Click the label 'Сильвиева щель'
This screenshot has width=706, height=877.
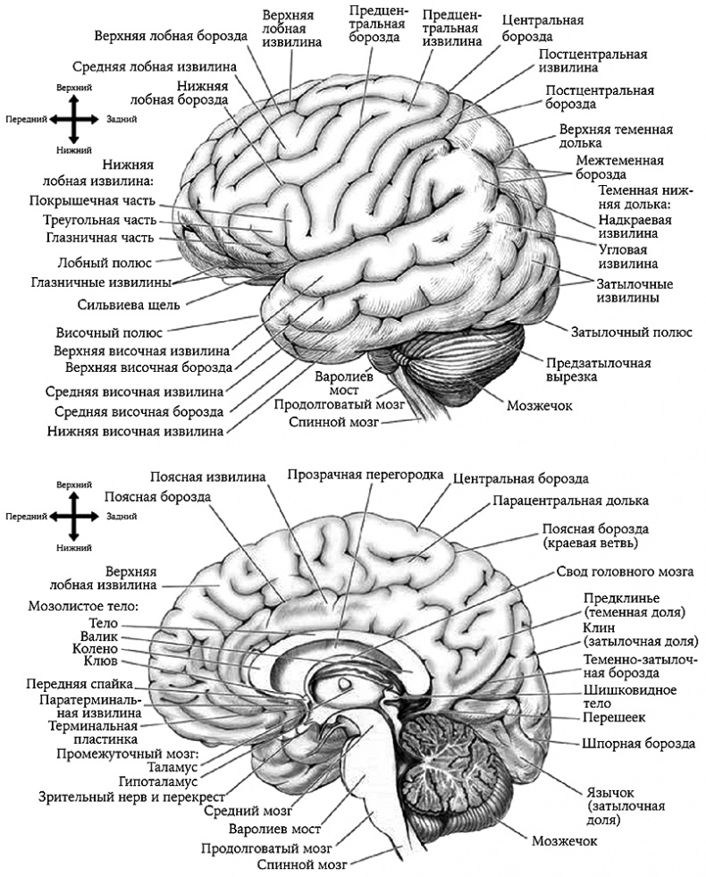(x=141, y=305)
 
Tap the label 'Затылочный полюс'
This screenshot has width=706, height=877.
(x=632, y=333)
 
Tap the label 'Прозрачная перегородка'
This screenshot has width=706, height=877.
(x=366, y=474)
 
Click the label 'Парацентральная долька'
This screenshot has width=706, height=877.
(x=570, y=501)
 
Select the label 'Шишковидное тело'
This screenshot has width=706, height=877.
(x=628, y=697)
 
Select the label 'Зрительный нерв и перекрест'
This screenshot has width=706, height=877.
(x=129, y=795)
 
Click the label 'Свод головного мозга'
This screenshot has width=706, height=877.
(x=625, y=571)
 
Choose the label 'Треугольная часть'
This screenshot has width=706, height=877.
(x=100, y=220)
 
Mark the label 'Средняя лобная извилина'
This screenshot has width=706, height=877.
(x=155, y=67)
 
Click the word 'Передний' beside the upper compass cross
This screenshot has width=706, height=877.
(x=25, y=118)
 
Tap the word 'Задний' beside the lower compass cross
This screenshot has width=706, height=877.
(x=121, y=517)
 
